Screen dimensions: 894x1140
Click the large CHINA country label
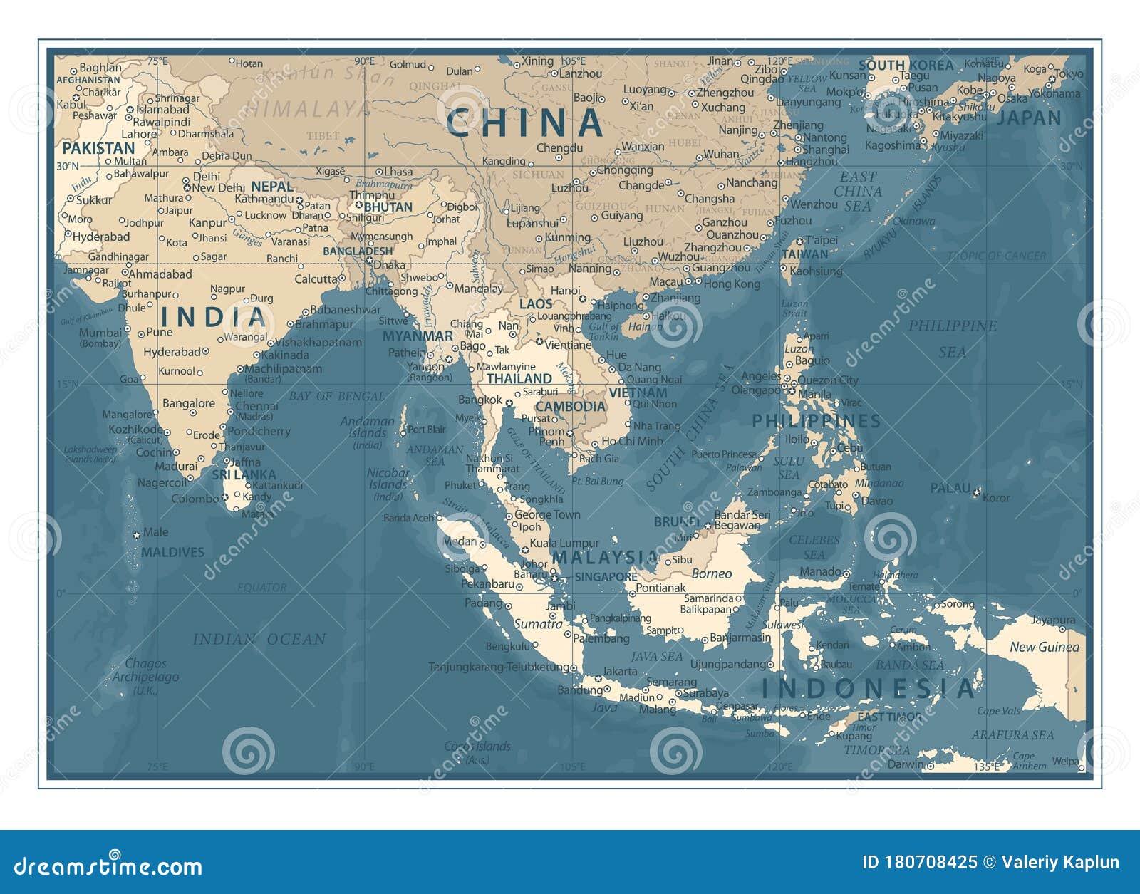(525, 123)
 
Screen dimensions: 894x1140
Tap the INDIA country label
(212, 317)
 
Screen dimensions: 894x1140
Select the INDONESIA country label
(868, 688)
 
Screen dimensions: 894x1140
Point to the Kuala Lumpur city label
(564, 543)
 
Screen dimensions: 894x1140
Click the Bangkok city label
(480, 400)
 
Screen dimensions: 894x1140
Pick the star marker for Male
(136, 534)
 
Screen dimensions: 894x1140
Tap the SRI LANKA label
(243, 474)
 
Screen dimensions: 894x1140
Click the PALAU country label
(950, 489)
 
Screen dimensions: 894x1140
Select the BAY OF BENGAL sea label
(336, 396)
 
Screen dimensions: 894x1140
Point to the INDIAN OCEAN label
(259, 640)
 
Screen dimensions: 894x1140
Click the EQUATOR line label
(261, 588)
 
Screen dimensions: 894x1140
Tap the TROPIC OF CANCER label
(996, 256)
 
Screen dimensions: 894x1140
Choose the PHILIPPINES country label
(816, 421)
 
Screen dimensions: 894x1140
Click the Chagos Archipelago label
(145, 670)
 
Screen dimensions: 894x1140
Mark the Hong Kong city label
(732, 284)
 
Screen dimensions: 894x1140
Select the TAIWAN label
(805, 254)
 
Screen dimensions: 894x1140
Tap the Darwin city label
(905, 764)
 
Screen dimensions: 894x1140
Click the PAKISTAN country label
(98, 148)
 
